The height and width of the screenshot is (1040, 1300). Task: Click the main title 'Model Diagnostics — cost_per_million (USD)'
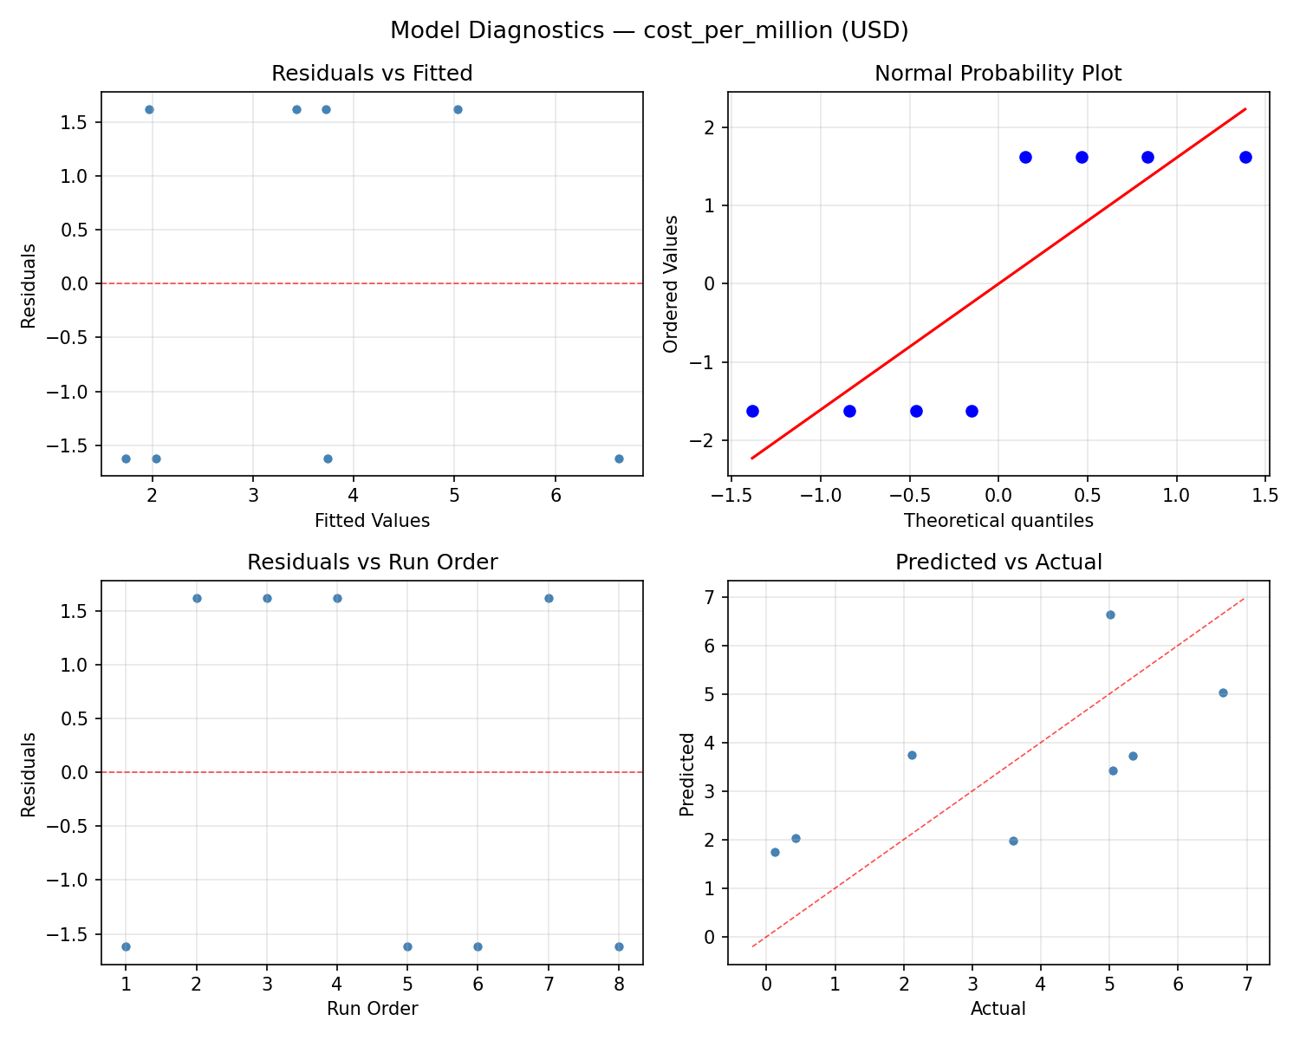pos(649,30)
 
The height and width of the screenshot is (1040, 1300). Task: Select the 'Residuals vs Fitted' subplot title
pos(372,74)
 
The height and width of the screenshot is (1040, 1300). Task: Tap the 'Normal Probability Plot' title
pos(998,74)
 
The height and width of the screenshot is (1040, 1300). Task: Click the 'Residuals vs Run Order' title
pos(372,562)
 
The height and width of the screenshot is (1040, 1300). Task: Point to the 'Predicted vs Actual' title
pos(998,562)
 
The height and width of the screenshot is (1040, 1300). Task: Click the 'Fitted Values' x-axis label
pos(372,521)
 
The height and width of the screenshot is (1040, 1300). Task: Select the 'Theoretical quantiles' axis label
pos(998,521)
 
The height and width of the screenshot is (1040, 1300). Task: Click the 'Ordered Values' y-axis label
pos(670,283)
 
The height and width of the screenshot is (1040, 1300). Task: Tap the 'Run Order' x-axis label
pos(372,1009)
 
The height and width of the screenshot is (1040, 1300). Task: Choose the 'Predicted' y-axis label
pos(687,774)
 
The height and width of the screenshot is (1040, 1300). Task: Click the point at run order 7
pos(549,598)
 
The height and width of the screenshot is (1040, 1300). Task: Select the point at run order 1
pos(126,946)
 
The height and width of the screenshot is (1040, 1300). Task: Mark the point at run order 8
pos(619,946)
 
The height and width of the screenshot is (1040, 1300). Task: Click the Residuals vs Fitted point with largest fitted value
pos(619,458)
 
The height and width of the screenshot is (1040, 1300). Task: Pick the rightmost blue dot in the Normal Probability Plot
pos(1245,157)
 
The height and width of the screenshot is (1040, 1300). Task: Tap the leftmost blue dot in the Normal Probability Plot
pos(752,411)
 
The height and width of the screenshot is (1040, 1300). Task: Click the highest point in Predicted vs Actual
pos(1110,614)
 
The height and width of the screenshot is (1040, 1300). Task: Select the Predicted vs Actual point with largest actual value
pos(1223,692)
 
